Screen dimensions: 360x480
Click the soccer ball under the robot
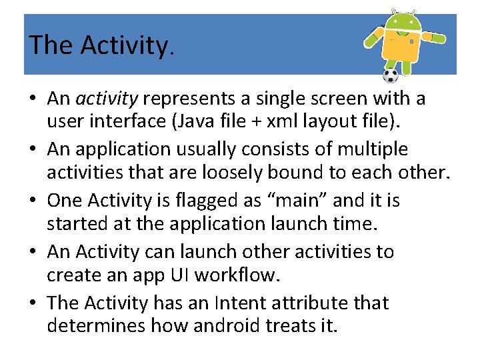(391, 75)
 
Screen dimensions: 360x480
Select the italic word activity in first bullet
(107, 99)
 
